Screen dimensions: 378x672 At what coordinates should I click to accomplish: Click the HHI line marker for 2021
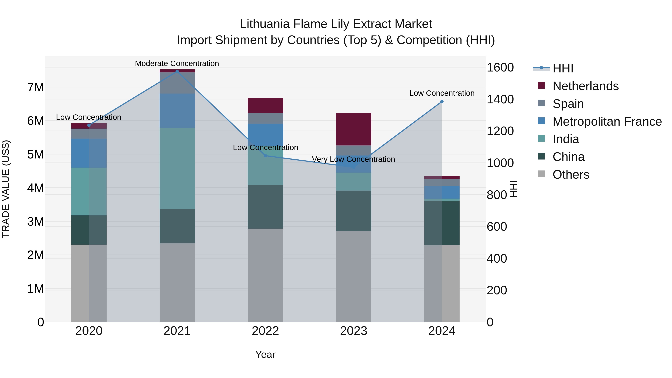(x=177, y=71)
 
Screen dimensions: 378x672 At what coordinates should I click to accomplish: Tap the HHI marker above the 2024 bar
(x=442, y=102)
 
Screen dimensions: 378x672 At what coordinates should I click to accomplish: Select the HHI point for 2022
(x=265, y=156)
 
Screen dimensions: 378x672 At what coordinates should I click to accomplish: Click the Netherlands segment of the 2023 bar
(x=354, y=129)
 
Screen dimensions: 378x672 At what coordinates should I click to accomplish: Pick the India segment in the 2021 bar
(x=177, y=168)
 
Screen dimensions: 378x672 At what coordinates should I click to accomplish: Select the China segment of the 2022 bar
(x=265, y=207)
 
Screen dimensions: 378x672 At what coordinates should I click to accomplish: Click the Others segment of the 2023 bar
(x=354, y=276)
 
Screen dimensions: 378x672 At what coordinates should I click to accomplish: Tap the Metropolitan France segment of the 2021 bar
(x=177, y=111)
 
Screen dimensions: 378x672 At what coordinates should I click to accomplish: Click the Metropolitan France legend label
(x=607, y=122)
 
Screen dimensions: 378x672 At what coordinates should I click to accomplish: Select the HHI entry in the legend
(x=563, y=68)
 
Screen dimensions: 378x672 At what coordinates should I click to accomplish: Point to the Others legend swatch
(x=541, y=174)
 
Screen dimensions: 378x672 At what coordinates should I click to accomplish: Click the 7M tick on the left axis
(x=35, y=87)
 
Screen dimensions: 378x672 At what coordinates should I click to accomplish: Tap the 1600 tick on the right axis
(x=500, y=68)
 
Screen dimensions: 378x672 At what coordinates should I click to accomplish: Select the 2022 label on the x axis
(x=265, y=331)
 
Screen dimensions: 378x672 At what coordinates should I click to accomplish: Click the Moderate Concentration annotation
(x=177, y=63)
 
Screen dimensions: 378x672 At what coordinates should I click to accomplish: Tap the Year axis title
(x=265, y=354)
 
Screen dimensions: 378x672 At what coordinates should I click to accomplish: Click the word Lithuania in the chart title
(x=265, y=24)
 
